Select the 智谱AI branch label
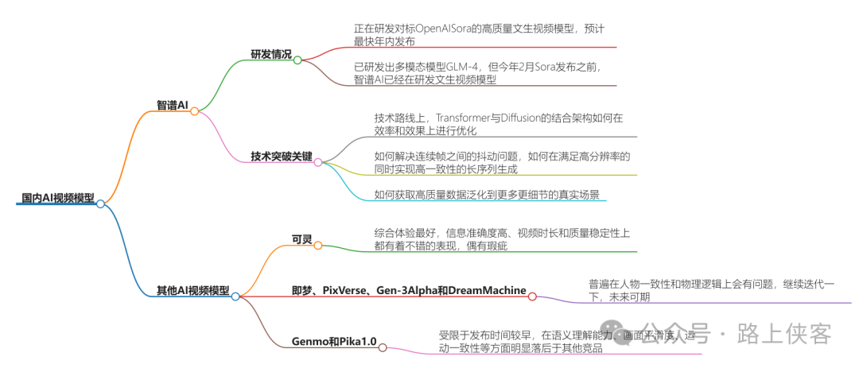click(x=173, y=105)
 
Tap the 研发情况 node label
click(x=270, y=55)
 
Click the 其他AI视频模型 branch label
click(x=192, y=290)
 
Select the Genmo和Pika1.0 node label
click(x=334, y=343)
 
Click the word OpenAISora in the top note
click(x=437, y=29)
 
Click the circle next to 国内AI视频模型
click(x=100, y=204)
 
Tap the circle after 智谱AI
click(x=194, y=111)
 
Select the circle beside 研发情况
click(x=297, y=60)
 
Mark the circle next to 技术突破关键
click(x=317, y=162)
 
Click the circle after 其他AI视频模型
click(x=235, y=296)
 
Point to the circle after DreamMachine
click(x=532, y=296)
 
